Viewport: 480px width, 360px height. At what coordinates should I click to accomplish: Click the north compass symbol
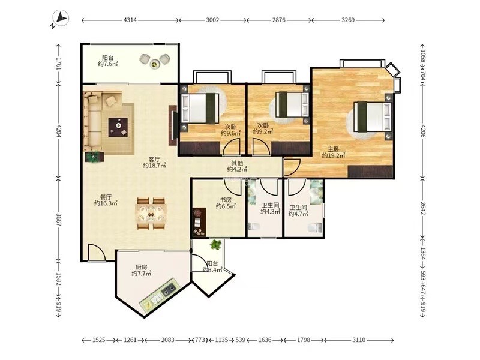61,19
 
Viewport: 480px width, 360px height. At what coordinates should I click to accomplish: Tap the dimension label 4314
130,20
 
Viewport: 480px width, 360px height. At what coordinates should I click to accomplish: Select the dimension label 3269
348,20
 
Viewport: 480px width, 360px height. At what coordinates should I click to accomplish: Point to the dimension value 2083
168,340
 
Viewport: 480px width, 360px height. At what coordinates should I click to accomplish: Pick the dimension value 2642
422,208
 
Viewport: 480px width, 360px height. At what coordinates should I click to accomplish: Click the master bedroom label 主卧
334,149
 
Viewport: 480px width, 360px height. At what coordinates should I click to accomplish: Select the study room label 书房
226,200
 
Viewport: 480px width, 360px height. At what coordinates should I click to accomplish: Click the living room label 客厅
154,160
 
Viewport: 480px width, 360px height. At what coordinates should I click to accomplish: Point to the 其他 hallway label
237,163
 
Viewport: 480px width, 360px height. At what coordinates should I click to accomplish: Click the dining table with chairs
151,214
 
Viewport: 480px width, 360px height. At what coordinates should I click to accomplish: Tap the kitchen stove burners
169,289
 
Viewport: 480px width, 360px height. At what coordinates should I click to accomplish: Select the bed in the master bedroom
373,116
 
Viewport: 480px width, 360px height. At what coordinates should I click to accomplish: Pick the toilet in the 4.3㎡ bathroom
253,227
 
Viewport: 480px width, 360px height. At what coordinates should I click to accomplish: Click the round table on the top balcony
155,64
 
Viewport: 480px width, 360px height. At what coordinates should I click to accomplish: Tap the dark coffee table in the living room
118,127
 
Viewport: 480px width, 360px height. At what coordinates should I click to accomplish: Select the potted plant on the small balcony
216,244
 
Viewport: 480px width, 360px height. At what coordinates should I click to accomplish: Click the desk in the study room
199,223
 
